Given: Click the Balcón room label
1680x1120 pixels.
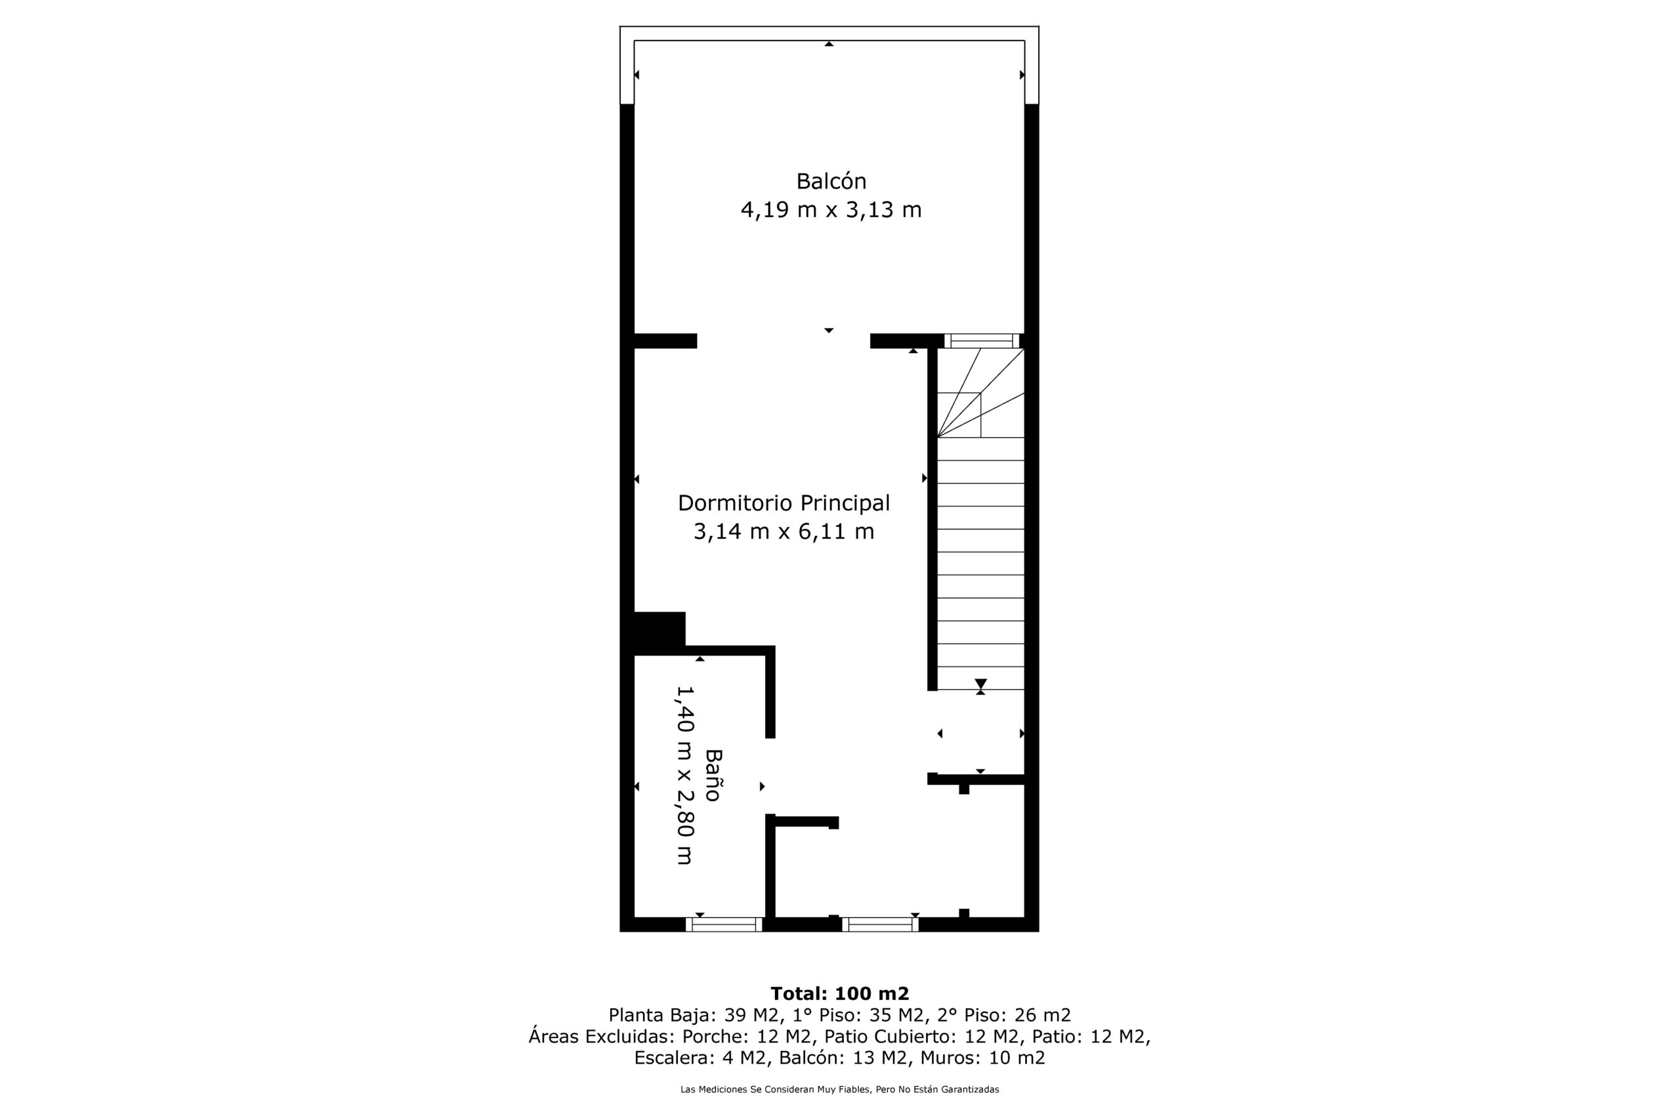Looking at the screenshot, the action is [831, 182].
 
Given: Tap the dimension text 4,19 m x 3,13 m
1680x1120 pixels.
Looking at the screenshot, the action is [831, 210].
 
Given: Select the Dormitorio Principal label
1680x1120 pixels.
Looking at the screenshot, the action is [784, 503].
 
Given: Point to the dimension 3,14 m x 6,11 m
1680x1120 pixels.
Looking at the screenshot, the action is [784, 532].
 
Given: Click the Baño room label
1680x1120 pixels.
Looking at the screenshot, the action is [713, 775].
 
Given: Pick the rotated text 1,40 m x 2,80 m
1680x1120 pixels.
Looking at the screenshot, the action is [685, 775].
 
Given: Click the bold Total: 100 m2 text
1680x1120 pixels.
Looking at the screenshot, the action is [840, 993].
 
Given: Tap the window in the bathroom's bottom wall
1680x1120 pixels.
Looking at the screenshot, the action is [724, 924].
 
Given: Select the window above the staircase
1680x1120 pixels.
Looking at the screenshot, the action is [982, 341].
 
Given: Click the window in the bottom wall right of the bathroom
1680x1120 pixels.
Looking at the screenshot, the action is [880, 924].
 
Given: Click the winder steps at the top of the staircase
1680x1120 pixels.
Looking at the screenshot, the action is [980, 392].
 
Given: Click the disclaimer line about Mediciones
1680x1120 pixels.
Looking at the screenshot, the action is [840, 1089].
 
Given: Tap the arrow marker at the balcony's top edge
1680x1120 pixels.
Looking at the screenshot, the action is [829, 43].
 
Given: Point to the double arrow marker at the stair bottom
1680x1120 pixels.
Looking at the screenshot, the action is [980, 686].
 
